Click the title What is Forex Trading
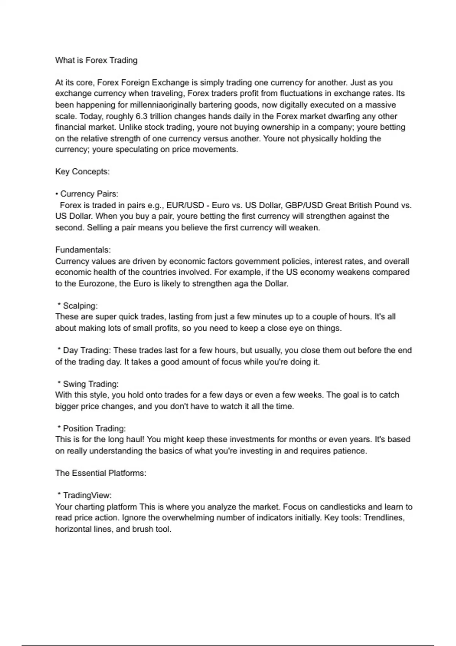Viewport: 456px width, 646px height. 96,60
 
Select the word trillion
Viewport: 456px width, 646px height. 161,116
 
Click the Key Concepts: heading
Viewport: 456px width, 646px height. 82,172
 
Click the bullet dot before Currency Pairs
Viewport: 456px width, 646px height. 57,194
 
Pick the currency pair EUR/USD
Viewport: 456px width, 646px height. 185,206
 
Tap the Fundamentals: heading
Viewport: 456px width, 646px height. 83,250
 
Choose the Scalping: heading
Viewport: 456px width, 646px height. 80,306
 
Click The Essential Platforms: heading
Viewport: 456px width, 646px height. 101,473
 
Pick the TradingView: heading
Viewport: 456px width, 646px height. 87,496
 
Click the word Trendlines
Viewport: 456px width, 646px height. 384,518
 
